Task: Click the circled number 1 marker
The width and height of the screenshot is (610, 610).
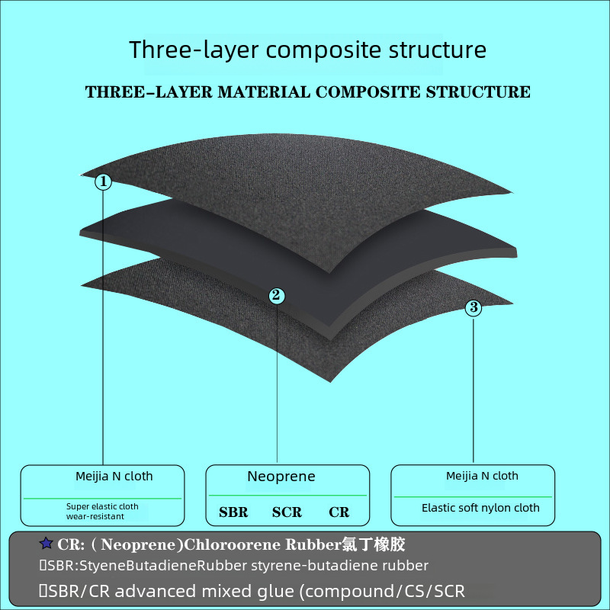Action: pos(104,181)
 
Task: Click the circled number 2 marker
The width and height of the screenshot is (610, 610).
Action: pos(277,296)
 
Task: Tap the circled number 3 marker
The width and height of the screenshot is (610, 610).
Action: pos(474,307)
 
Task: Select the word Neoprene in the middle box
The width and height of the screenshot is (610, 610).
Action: pos(281,477)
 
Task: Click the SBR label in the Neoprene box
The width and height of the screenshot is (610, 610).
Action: pos(233,512)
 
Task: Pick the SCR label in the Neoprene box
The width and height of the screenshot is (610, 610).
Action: pos(287,512)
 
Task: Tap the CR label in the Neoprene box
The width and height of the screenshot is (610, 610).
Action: pos(339,512)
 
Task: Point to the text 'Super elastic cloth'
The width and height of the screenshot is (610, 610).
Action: pos(102,506)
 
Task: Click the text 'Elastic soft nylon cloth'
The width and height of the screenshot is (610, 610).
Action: pos(480,508)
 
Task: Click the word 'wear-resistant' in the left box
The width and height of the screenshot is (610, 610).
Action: pos(96,516)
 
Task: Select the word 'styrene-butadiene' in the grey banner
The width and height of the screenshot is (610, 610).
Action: pos(301,566)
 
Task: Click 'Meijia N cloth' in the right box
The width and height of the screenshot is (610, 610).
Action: pos(482,476)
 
